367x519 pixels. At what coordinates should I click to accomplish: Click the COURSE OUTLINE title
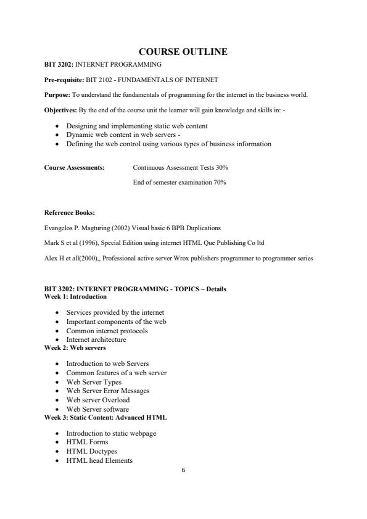point(183,52)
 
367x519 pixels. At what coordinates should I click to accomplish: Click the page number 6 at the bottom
point(183,470)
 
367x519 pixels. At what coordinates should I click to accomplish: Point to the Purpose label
point(57,94)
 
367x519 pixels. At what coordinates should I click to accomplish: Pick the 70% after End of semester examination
point(220,182)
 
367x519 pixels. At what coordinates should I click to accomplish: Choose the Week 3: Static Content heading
point(105,417)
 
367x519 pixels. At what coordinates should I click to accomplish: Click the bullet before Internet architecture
point(57,339)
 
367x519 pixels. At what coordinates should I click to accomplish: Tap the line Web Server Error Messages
point(108,391)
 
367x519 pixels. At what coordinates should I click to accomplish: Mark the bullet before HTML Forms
point(57,442)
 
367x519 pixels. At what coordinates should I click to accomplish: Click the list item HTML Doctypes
point(92,451)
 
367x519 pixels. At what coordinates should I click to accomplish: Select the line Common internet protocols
point(107,331)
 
